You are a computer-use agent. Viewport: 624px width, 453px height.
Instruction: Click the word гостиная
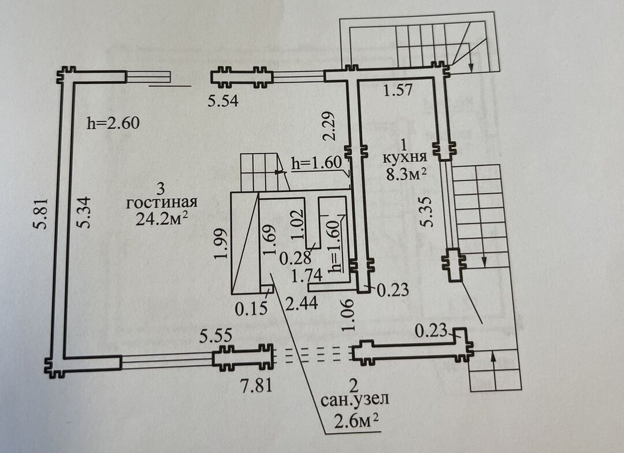point(162,203)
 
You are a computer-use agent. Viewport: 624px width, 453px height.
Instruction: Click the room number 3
point(162,188)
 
